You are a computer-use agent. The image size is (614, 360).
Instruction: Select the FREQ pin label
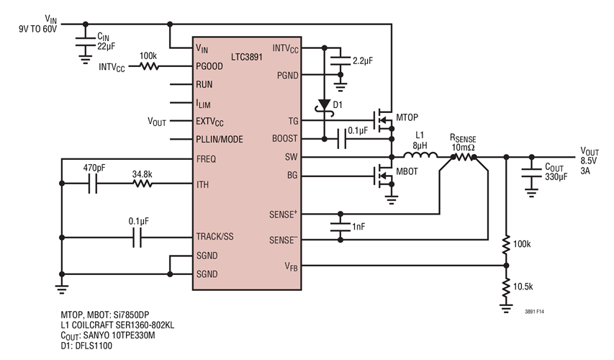[x=205, y=158]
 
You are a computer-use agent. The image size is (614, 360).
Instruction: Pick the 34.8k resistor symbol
[x=142, y=184]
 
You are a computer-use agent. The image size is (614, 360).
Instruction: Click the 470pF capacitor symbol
[x=94, y=184]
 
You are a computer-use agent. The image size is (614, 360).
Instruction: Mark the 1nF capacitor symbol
[x=338, y=227]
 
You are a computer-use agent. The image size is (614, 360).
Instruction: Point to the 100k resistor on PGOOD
[x=149, y=66]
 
